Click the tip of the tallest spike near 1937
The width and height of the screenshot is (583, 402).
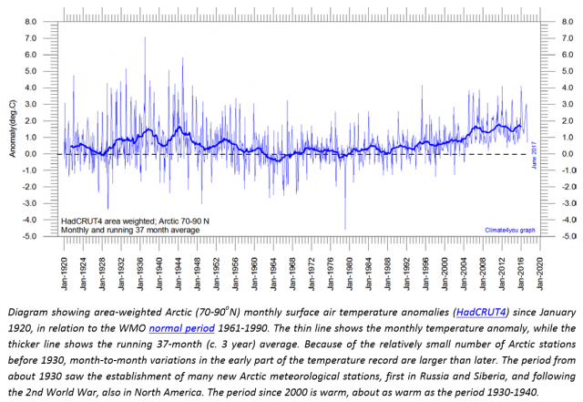tap(145, 37)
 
